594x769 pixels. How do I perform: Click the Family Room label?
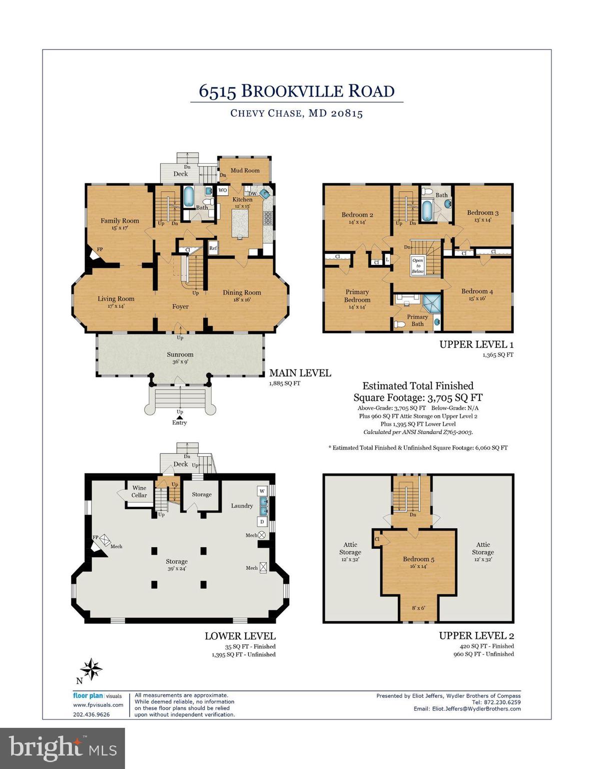point(120,221)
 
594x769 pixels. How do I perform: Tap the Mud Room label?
point(245,171)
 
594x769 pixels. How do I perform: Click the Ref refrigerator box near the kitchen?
point(213,248)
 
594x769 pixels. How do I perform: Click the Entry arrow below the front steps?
point(179,417)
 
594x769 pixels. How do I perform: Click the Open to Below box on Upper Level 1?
point(417,266)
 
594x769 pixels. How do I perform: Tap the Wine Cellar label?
point(139,492)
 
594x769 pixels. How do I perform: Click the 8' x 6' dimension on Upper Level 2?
point(418,608)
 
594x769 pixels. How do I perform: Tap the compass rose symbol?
point(92,669)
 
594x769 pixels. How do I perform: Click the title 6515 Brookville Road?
point(297,91)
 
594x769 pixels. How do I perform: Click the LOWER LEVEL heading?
point(240,636)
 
